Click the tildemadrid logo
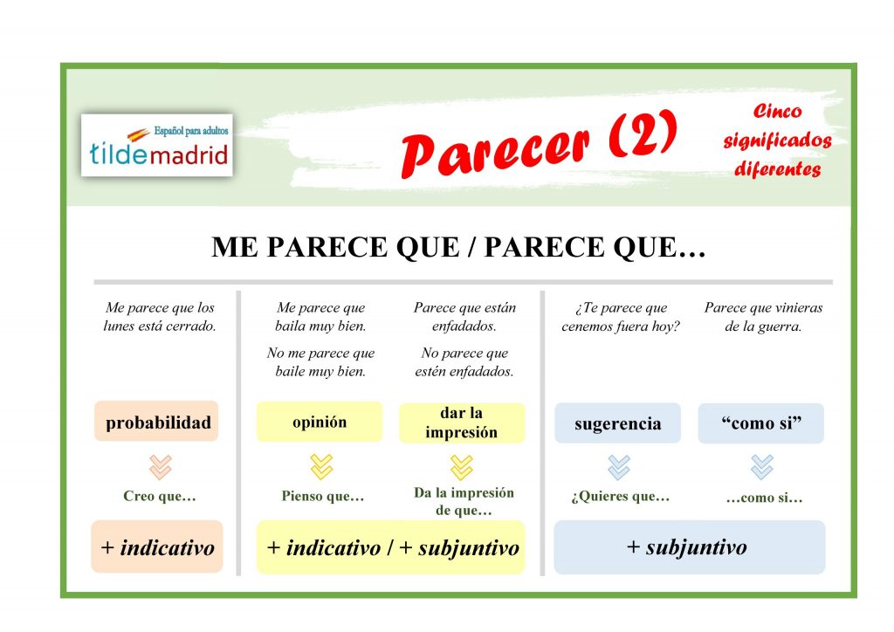[157, 145]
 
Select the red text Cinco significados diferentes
[776, 141]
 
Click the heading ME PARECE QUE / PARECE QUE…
[458, 248]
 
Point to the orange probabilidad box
[157, 422]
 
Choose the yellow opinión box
[319, 422]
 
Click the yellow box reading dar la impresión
[462, 422]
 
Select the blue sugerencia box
[617, 423]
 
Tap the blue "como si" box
[760, 423]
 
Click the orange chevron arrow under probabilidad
[161, 467]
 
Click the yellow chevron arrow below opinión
[321, 467]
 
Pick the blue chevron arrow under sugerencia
[618, 467]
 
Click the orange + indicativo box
[157, 548]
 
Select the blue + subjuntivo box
[689, 547]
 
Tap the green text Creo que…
[160, 497]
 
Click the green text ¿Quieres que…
[620, 497]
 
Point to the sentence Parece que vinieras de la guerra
[763, 318]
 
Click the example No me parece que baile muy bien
[320, 362]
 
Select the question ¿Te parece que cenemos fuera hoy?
[620, 318]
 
